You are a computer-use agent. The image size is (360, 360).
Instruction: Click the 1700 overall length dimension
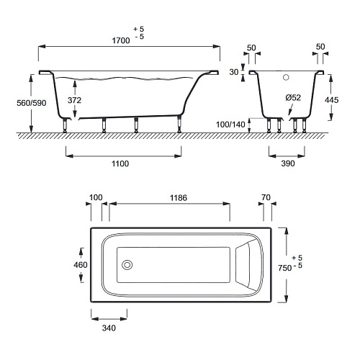(x=121, y=40)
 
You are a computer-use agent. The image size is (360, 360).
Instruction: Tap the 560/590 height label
(x=32, y=103)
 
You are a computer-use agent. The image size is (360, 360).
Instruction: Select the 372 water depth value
(x=74, y=100)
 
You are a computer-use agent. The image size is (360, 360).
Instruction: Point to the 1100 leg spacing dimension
(x=120, y=163)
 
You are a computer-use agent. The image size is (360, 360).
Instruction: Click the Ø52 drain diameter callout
(x=293, y=98)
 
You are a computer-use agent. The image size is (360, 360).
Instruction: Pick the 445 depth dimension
(x=332, y=100)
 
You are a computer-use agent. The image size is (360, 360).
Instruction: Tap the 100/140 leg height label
(x=230, y=125)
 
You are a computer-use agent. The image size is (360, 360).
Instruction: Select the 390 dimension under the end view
(x=288, y=163)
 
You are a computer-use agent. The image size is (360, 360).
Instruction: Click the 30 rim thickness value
(x=234, y=72)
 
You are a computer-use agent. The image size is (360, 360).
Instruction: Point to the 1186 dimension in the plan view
(x=179, y=198)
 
